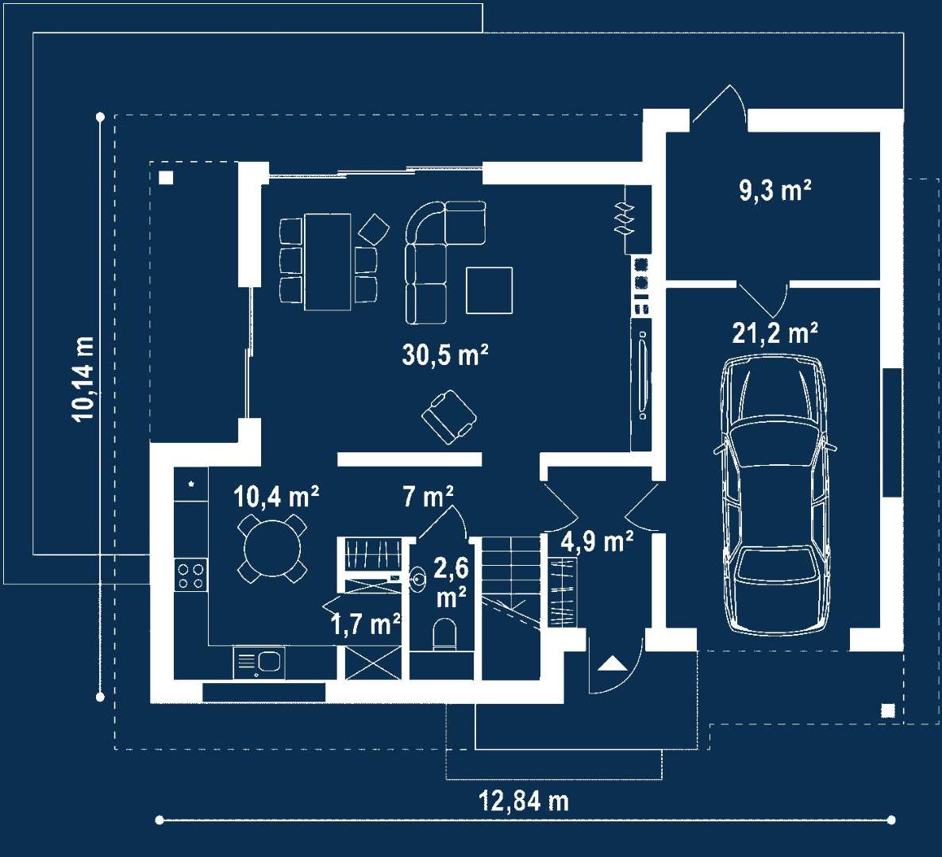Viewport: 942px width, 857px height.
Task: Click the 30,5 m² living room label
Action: click(x=444, y=355)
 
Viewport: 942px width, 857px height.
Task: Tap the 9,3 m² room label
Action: click(x=775, y=190)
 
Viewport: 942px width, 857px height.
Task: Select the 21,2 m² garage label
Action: click(x=775, y=332)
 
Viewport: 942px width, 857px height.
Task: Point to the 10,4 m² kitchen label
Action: click(x=276, y=497)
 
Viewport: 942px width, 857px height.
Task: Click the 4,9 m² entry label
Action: click(x=597, y=541)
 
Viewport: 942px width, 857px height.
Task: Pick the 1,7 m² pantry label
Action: click(x=366, y=624)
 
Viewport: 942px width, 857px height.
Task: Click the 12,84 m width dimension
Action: click(x=523, y=801)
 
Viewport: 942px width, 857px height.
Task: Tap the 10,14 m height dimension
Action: click(x=84, y=379)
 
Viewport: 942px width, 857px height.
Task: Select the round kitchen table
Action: click(x=272, y=548)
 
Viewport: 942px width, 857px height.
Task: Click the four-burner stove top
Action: click(x=191, y=575)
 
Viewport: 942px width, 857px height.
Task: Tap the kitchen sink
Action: click(x=259, y=663)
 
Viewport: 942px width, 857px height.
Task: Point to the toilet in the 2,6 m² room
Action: click(x=444, y=634)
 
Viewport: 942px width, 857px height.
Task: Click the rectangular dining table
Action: click(x=328, y=262)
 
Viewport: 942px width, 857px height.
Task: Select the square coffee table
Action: click(x=489, y=290)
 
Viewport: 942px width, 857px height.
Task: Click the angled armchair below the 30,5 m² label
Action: click(x=449, y=417)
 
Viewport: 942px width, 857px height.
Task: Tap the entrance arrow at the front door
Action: click(x=612, y=663)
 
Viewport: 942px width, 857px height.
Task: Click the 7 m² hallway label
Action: click(x=428, y=497)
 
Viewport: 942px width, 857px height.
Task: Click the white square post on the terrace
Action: click(x=166, y=178)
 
